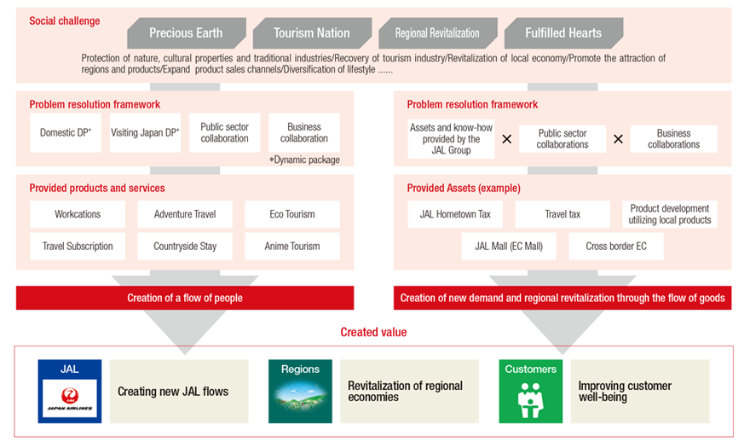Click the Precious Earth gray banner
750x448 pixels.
tap(187, 33)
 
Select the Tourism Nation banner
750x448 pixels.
tap(312, 33)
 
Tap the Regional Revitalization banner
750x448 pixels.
tap(438, 33)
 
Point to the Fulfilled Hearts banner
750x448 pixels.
tap(563, 33)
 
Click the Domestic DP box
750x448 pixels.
tap(66, 133)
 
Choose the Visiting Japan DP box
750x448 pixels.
tap(145, 133)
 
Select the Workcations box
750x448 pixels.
tap(78, 214)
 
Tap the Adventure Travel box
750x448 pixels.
tap(185, 214)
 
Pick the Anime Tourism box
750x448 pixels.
tap(292, 247)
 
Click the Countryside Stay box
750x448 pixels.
tap(185, 247)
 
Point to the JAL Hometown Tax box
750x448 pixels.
tap(455, 214)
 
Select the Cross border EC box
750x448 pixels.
tap(616, 247)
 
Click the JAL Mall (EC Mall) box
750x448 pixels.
tap(509, 247)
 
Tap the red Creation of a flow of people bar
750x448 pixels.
tap(185, 298)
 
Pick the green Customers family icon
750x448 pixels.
tap(530, 399)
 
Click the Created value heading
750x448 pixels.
tap(373, 332)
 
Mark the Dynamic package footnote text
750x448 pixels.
tap(305, 160)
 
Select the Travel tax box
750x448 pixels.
tap(562, 214)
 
